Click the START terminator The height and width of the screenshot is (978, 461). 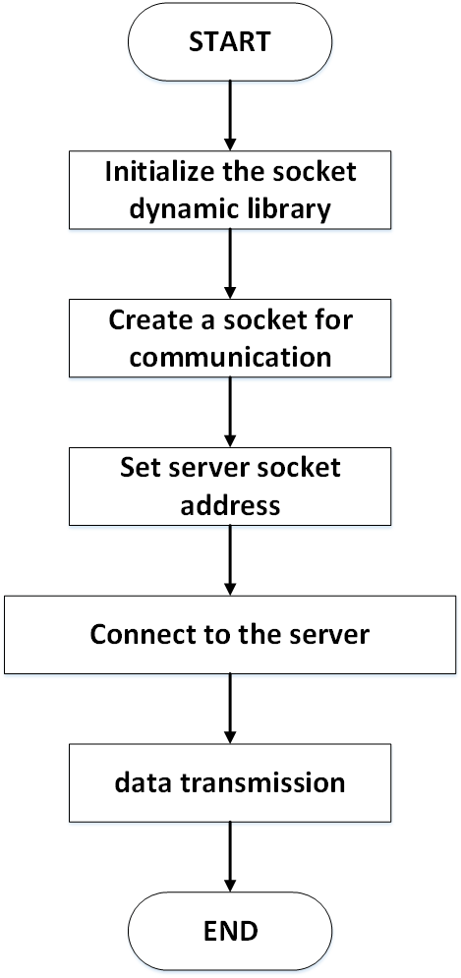[x=230, y=42]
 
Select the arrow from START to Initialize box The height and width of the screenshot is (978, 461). [x=230, y=116]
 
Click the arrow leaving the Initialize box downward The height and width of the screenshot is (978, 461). [x=230, y=263]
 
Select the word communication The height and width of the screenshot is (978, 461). [x=230, y=358]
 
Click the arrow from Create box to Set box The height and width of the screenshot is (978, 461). [x=230, y=412]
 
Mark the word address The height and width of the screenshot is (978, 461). [x=230, y=505]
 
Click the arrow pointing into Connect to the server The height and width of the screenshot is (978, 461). [x=230, y=560]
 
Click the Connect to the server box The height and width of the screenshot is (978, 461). [x=230, y=635]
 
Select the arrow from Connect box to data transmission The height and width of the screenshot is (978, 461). [x=230, y=709]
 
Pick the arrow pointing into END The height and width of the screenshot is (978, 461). [x=230, y=856]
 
